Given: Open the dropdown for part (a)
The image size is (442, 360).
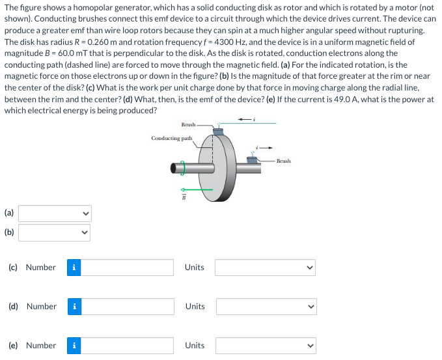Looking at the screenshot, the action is (55, 213).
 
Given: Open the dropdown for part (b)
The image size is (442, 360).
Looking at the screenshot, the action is (55, 232).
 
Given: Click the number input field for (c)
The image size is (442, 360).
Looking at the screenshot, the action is (128, 268).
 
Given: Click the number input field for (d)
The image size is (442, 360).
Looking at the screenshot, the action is (128, 307).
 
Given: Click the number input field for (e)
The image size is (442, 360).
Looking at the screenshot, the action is (128, 346).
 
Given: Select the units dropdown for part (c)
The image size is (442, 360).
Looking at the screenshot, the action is (266, 268).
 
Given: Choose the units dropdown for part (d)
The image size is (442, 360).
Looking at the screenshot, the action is (266, 307).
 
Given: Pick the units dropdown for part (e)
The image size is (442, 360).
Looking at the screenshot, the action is (266, 346).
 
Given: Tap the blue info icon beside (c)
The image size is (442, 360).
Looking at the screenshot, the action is (75, 268).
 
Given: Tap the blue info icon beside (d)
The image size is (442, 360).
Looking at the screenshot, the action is (75, 307).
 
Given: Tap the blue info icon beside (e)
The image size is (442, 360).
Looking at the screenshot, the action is (75, 346).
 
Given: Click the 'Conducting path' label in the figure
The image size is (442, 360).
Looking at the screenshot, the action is (171, 138).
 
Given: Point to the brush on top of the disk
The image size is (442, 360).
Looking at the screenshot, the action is (217, 132).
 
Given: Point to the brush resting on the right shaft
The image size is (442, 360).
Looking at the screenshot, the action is (253, 159).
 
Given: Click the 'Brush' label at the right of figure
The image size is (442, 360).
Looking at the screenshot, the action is (283, 160).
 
